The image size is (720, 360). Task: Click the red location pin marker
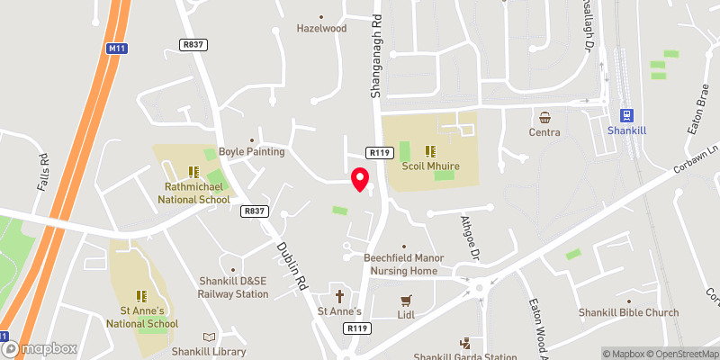(360, 179)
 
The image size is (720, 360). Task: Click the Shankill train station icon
(627, 116)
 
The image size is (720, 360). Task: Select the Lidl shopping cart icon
(407, 300)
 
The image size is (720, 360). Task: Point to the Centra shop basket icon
(545, 117)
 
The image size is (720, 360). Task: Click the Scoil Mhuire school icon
(430, 150)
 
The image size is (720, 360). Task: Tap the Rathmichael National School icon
(192, 171)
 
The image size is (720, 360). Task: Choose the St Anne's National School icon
(140, 295)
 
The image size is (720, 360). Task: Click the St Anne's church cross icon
(340, 296)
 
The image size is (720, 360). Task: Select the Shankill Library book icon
(210, 337)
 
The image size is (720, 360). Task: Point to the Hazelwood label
(321, 28)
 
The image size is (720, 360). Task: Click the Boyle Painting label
(252, 152)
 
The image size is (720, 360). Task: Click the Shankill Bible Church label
(628, 312)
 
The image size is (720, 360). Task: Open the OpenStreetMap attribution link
(679, 354)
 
